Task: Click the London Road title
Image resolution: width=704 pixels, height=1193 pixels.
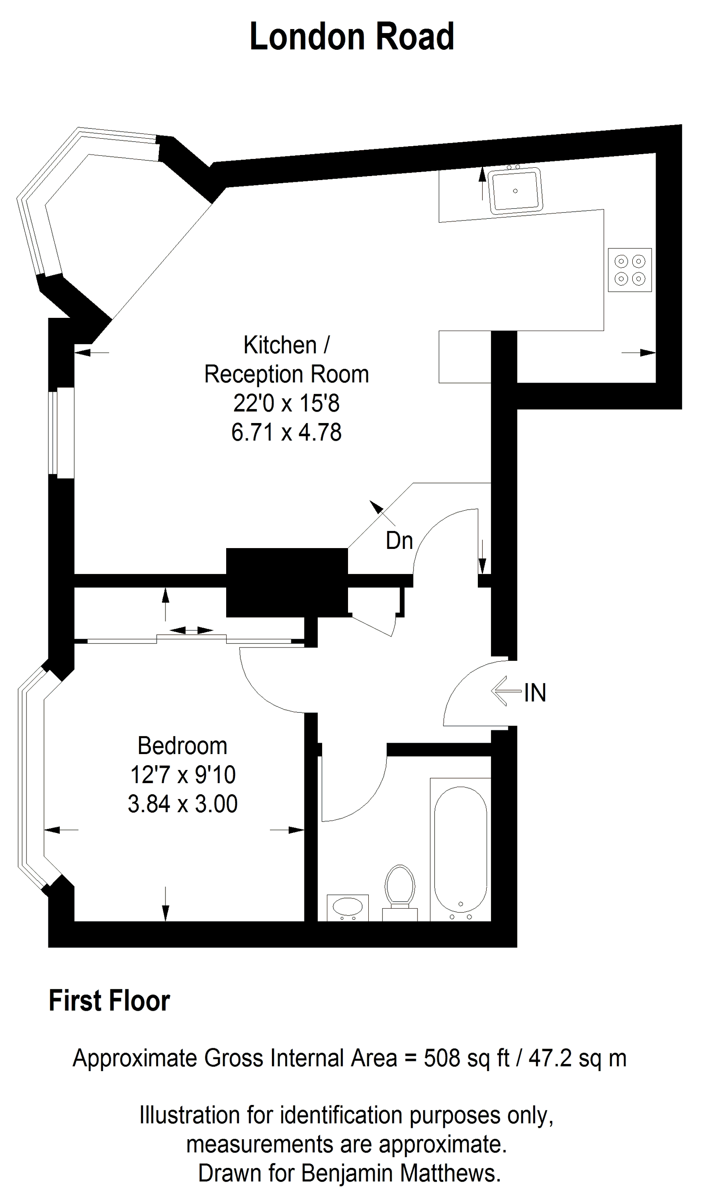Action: [x=352, y=37]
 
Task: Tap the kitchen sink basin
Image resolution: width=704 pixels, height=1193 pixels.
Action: [x=516, y=191]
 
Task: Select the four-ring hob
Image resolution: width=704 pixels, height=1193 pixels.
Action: [x=630, y=269]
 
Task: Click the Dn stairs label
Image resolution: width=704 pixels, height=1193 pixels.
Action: [x=399, y=541]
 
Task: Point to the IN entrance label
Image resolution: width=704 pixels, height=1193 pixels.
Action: [x=535, y=693]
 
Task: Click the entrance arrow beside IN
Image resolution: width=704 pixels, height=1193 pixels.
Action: [x=505, y=691]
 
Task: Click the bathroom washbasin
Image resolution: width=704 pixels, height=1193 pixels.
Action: [x=348, y=907]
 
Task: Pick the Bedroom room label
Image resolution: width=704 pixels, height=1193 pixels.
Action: [x=182, y=746]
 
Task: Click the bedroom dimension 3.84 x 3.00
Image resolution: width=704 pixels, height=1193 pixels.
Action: [x=182, y=804]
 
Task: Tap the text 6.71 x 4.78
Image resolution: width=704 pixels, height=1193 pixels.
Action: [x=286, y=432]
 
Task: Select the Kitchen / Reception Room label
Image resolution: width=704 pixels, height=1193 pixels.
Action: [x=286, y=360]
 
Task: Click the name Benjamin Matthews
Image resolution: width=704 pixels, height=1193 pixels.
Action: [x=401, y=1173]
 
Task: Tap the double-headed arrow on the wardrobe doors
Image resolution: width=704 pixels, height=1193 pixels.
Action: [x=191, y=630]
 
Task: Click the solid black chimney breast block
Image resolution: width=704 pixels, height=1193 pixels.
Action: [x=286, y=582]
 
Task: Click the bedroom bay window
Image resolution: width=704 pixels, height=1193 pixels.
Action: [x=29, y=778]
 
